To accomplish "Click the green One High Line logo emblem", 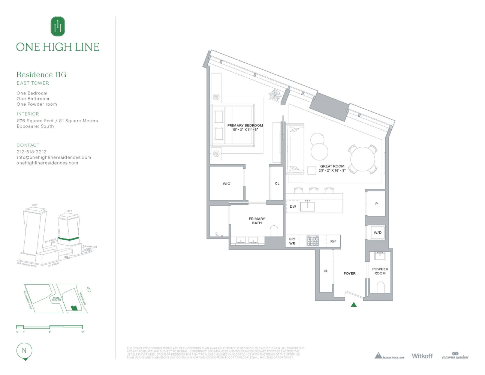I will click(x=58, y=27).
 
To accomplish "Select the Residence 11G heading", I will click(x=41, y=75).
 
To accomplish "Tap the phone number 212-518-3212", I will click(x=31, y=152).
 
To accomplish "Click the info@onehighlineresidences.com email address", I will click(x=54, y=157).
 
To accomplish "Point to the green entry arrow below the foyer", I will click(x=353, y=304).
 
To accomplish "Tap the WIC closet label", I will click(x=226, y=184).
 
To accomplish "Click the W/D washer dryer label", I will click(x=377, y=233).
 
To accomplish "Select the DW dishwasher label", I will click(x=293, y=207).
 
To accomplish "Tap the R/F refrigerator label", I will click(x=333, y=241).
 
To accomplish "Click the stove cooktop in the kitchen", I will click(x=313, y=241).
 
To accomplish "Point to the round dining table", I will click(x=362, y=159).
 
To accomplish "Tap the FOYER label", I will click(x=349, y=273).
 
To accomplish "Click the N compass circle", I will click(x=24, y=351).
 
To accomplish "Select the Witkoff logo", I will click(x=422, y=356).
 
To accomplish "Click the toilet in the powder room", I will click(x=380, y=287).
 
